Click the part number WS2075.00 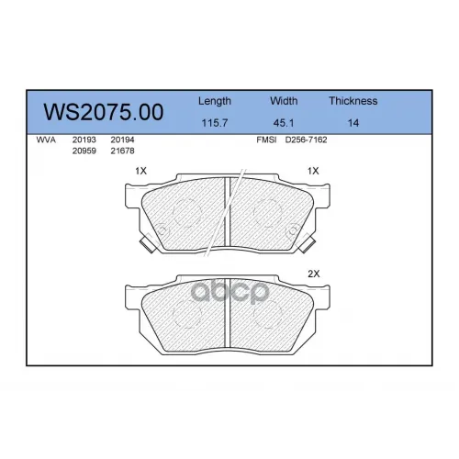pos(104,112)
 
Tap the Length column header pos(215,101)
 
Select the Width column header pos(284,101)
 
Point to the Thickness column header pos(353,101)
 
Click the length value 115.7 pos(215,123)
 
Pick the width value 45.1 pos(284,123)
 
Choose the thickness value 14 pos(353,123)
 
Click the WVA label pos(46,140)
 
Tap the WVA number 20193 pos(84,140)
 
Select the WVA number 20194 pos(122,140)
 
